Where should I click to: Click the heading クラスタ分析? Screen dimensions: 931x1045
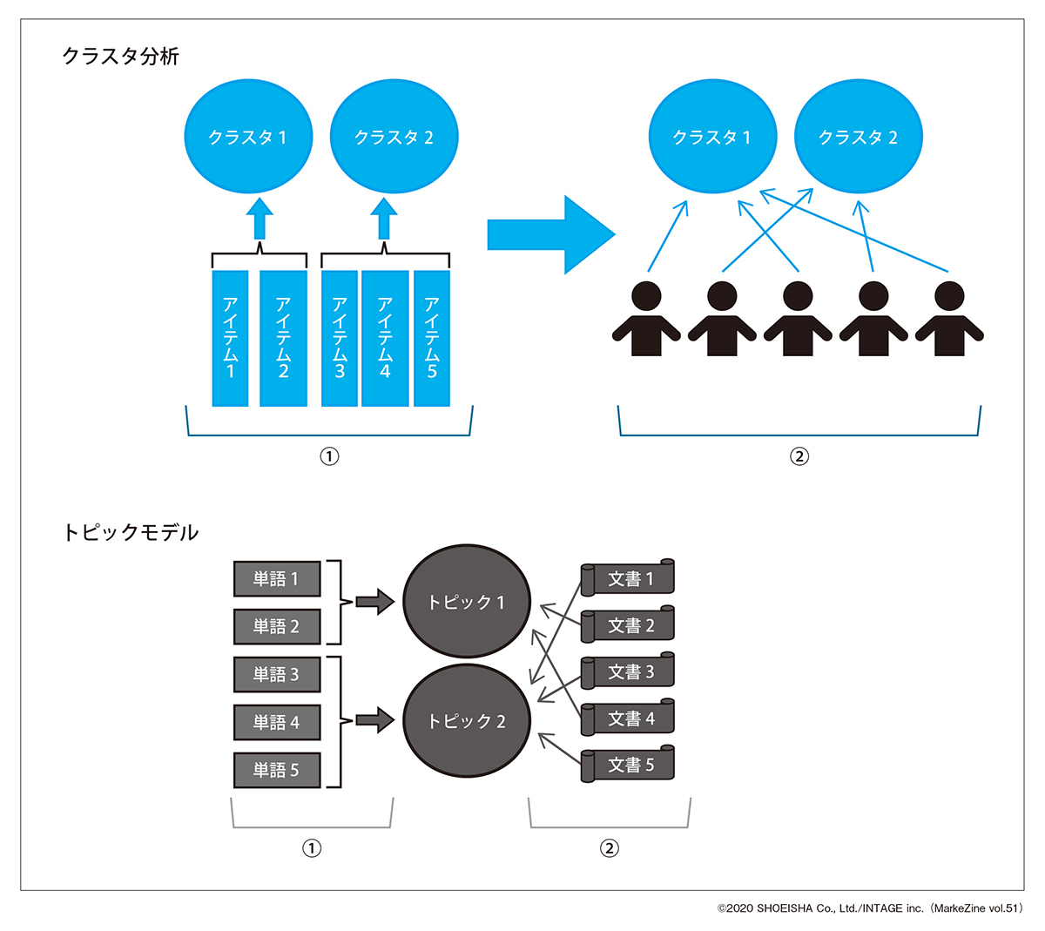[x=121, y=57]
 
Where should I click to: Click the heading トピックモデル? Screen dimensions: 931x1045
[x=131, y=532]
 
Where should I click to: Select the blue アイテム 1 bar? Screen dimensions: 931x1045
[x=231, y=338]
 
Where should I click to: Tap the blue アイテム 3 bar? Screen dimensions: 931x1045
[x=340, y=338]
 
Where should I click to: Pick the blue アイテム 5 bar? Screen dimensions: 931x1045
[x=432, y=338]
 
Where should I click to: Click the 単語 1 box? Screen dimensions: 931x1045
[x=277, y=578]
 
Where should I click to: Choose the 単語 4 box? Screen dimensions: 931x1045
[x=277, y=722]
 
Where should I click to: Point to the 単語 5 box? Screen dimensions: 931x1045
[x=277, y=770]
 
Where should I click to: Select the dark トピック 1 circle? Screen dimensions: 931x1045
[x=467, y=602]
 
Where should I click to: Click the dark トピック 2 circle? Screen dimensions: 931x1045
[x=467, y=721]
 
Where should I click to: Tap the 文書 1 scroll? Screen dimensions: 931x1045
[x=629, y=579]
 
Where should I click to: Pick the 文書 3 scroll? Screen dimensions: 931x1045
[x=629, y=672]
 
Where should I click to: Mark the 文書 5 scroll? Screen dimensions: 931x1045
[x=629, y=766]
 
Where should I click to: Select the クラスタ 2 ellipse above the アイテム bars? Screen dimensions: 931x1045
[x=394, y=137]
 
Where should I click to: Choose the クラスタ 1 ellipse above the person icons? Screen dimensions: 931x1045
[x=712, y=137]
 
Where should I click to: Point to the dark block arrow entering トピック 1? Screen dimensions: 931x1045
[x=375, y=601]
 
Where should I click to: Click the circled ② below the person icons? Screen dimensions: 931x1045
[x=799, y=456]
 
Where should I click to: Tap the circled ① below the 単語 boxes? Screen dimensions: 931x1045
[x=312, y=848]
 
